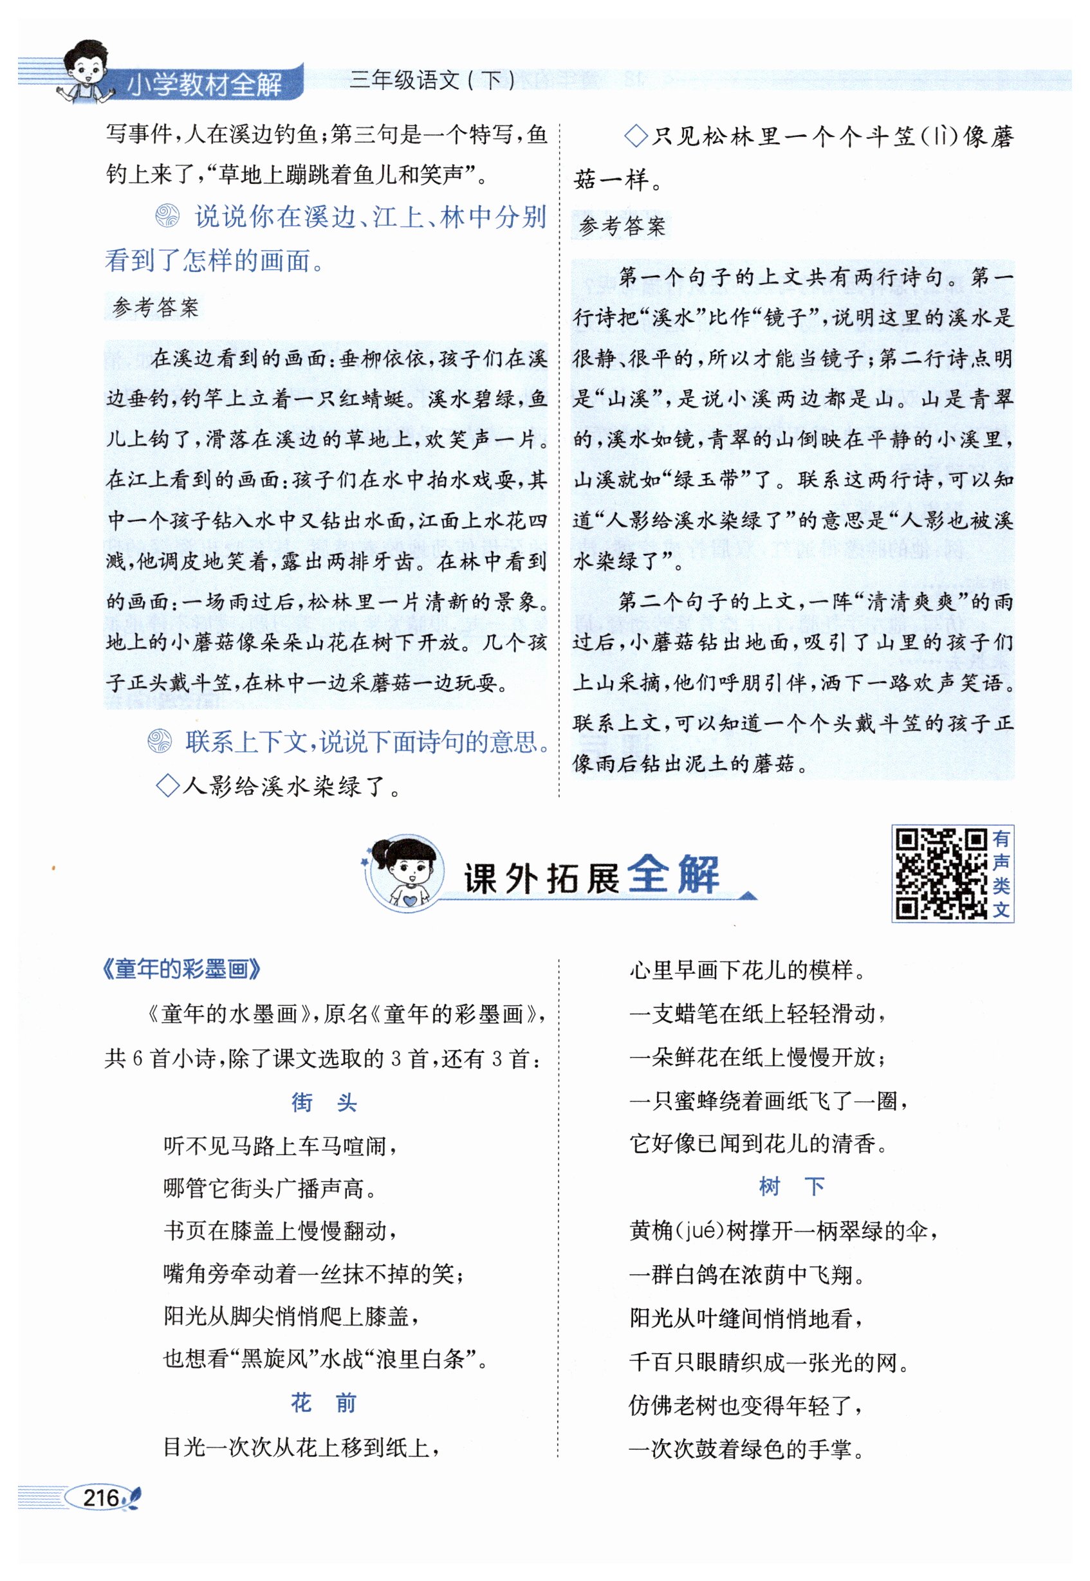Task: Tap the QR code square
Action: point(941,873)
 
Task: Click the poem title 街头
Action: point(324,1102)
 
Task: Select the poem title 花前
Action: point(324,1403)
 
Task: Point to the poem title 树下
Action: point(791,1187)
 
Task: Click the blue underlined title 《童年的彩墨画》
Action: point(181,969)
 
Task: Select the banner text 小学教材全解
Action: point(204,86)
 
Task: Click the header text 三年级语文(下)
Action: point(433,80)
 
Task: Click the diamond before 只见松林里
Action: point(636,136)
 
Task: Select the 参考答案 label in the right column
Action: point(622,226)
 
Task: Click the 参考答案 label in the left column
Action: point(156,307)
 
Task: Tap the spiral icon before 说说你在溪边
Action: point(167,217)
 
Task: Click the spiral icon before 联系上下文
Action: point(160,742)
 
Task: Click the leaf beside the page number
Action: point(132,1498)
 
